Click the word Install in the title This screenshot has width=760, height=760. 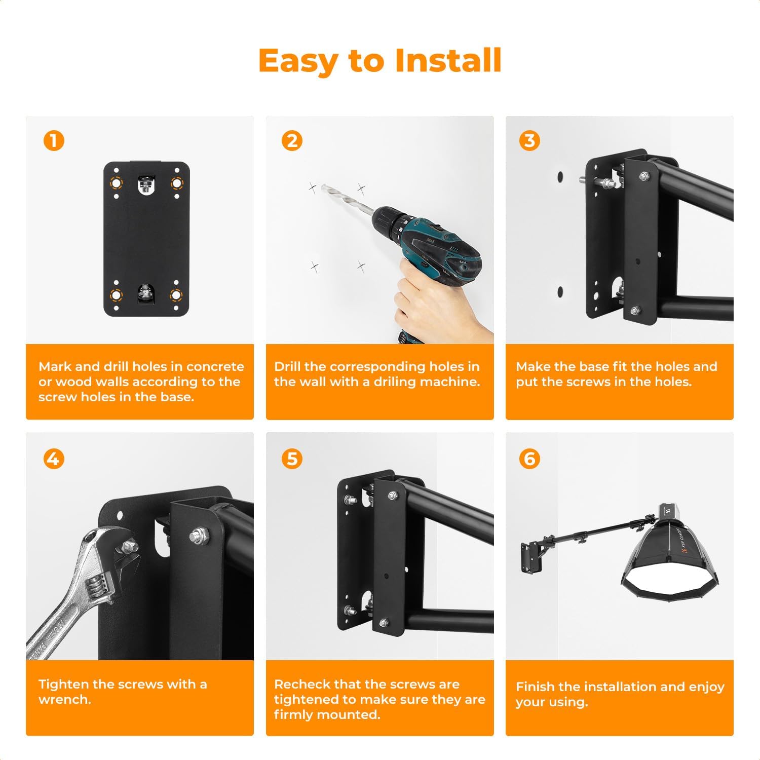[x=448, y=61]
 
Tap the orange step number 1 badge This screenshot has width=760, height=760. [x=54, y=141]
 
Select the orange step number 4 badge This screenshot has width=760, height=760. [x=54, y=459]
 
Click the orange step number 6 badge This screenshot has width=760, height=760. [x=529, y=459]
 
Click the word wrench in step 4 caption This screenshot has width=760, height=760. [x=64, y=700]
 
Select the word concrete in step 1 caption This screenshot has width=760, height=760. [x=215, y=366]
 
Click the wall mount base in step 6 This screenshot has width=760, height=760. [x=529, y=557]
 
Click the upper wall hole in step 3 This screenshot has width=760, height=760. [x=560, y=177]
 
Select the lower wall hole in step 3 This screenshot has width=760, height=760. [x=560, y=292]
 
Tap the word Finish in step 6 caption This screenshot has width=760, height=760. [x=536, y=687]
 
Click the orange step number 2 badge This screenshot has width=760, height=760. [x=292, y=141]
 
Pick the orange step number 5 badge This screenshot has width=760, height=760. [x=292, y=459]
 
